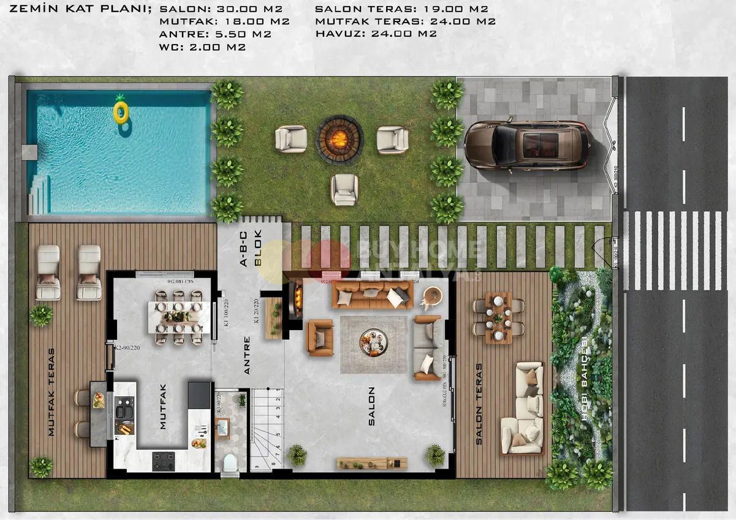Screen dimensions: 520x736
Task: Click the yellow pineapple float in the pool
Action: [121, 111]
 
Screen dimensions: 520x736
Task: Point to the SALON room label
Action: [371, 405]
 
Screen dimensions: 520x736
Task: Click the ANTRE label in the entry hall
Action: [247, 355]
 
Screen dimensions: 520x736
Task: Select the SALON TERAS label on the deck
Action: [479, 404]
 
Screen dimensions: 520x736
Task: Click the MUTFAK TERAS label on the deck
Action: [51, 392]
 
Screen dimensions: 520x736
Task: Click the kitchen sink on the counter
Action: [124, 407]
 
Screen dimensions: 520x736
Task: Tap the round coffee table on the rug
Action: [373, 341]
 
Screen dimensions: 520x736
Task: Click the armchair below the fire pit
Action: [344, 189]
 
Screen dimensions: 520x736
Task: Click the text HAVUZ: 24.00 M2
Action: [376, 34]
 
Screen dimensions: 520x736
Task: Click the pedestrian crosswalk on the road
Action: [675, 250]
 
